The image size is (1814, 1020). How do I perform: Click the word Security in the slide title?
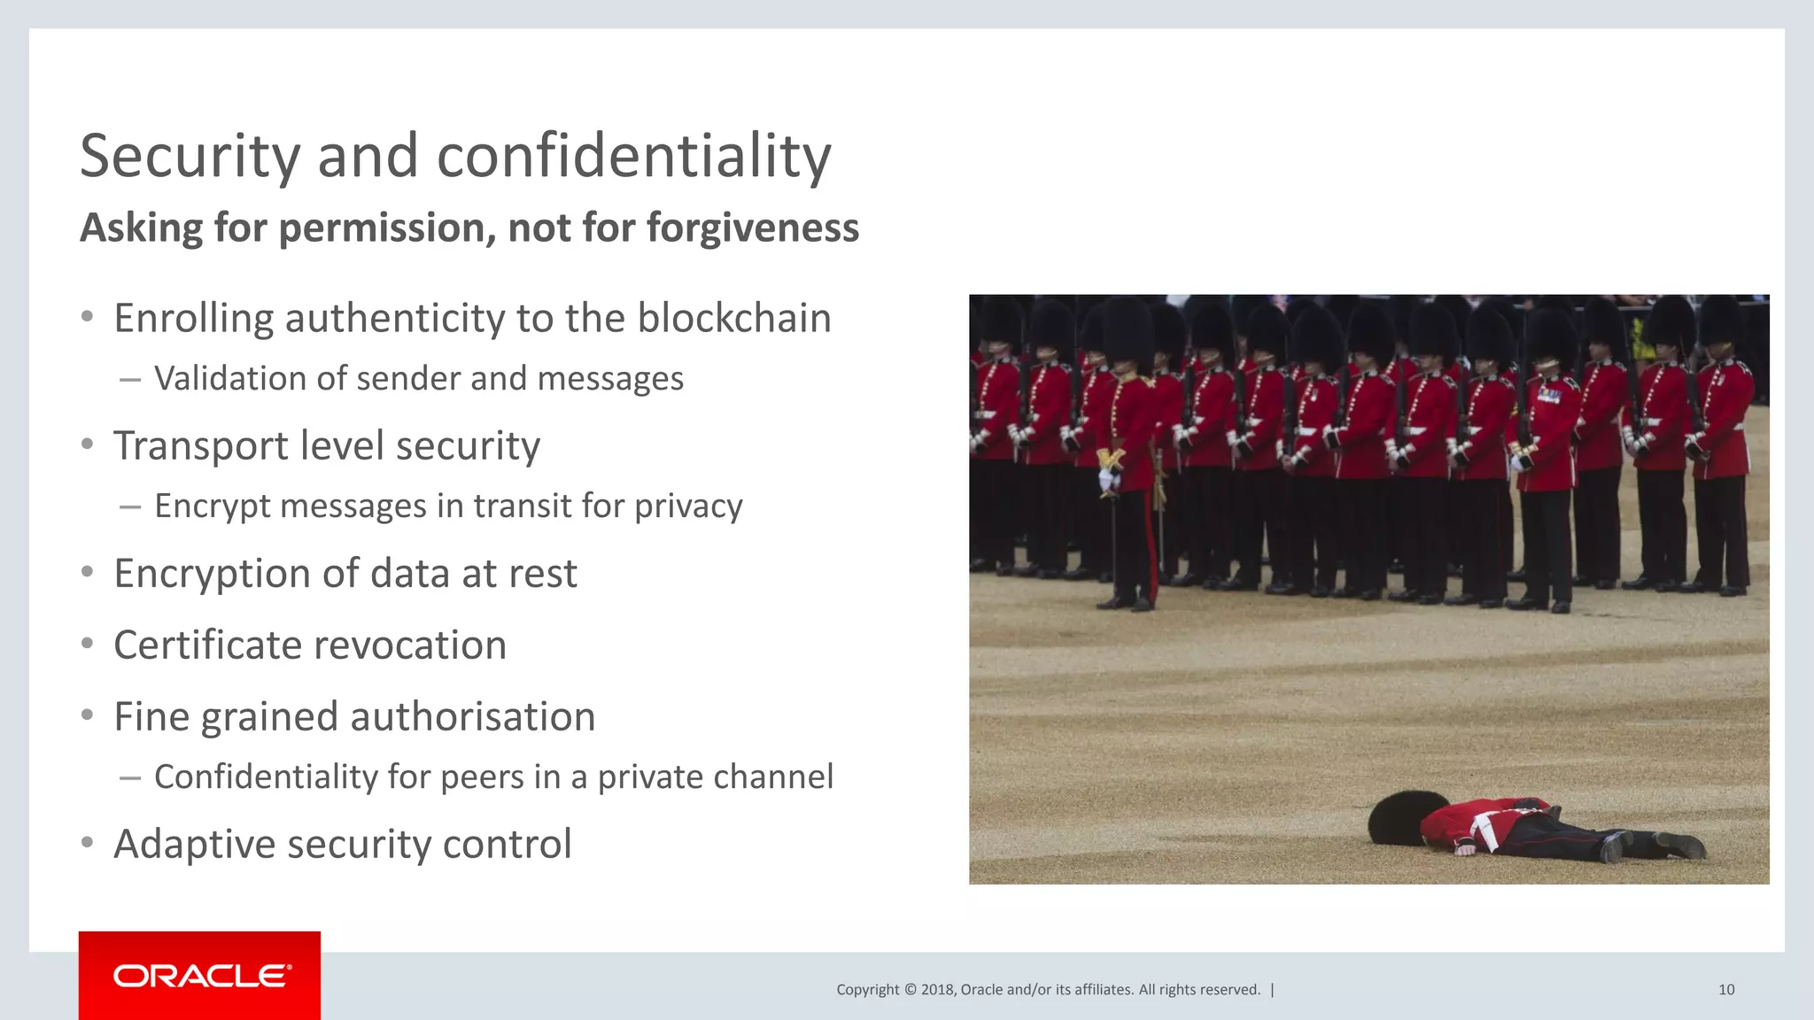[190, 157]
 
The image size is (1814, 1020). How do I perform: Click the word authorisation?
[474, 716]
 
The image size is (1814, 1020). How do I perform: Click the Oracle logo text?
[201, 976]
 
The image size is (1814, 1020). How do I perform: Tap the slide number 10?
[1725, 990]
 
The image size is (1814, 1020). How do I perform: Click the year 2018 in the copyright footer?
[936, 990]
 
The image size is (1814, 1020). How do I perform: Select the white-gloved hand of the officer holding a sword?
[1107, 479]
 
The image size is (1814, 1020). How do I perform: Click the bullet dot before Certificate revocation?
[87, 644]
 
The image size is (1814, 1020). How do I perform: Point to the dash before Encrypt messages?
[130, 507]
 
